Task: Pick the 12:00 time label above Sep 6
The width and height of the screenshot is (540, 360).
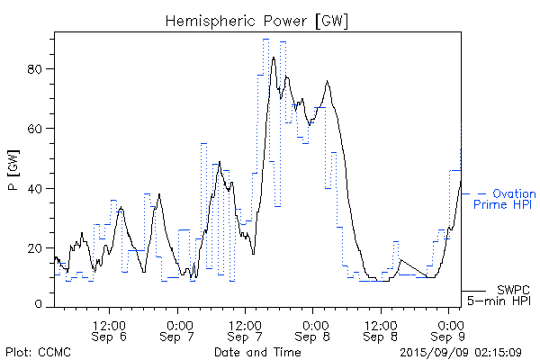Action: click(110, 323)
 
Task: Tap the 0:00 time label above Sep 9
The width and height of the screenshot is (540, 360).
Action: click(449, 323)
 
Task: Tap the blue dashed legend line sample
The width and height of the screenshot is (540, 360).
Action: click(473, 193)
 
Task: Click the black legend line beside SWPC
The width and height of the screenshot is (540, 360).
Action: click(475, 291)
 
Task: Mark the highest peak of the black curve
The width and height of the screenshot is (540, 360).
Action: click(273, 58)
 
